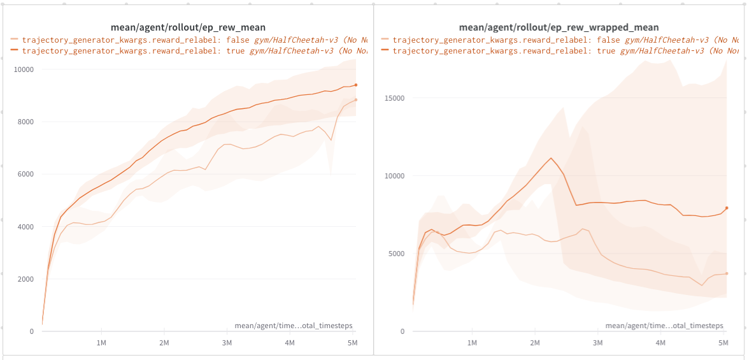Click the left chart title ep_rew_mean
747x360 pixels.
click(x=188, y=27)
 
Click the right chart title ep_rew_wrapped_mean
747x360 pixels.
click(x=558, y=27)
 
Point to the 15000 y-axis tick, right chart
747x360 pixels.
click(x=394, y=98)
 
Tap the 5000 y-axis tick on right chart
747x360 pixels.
click(x=396, y=254)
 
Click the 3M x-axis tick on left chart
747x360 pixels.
click(x=227, y=343)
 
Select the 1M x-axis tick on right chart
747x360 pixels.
click(x=472, y=343)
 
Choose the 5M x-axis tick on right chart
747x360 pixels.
click(x=722, y=343)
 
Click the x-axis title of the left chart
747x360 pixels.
click(x=294, y=326)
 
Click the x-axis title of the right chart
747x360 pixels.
click(x=664, y=326)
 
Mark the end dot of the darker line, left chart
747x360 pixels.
click(x=356, y=85)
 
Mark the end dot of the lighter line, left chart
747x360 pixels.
click(x=356, y=99)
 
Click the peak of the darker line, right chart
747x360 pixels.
click(x=551, y=158)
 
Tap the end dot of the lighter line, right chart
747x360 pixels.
click(x=727, y=273)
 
